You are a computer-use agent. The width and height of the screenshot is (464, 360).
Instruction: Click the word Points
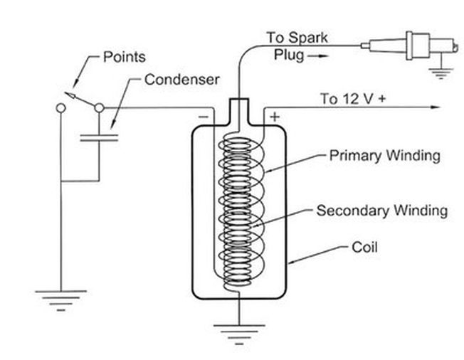coord(125,57)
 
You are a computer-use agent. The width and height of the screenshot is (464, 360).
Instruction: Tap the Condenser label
coord(182,80)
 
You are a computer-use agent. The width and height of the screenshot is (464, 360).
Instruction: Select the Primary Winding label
coord(385,156)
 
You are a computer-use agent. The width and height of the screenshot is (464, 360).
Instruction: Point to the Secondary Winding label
coord(382,211)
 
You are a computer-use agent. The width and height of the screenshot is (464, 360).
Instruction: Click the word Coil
coord(364,247)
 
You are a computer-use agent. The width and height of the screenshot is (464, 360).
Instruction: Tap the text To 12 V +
coord(353,98)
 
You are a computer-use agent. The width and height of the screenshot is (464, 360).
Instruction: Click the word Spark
coord(308,38)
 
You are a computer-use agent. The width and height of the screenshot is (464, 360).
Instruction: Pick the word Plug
coord(289,55)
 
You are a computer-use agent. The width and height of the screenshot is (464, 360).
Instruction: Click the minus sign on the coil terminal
coord(204,117)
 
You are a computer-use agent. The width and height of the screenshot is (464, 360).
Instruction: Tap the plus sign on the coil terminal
coord(275,117)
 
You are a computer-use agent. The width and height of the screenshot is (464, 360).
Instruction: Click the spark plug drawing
coord(409,46)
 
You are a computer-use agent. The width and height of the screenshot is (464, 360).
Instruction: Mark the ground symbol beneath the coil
coord(239,334)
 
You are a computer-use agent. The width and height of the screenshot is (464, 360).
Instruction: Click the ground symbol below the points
coord(61,300)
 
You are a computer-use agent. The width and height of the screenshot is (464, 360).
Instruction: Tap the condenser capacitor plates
coord(99,138)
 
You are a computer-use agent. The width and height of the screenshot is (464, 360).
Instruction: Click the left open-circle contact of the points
coord(61,108)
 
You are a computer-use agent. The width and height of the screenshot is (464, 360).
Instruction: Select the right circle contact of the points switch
coord(99,108)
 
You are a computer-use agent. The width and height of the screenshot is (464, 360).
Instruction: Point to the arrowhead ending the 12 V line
coord(436,107)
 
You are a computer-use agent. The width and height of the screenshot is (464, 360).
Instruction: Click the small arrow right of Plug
coord(317,56)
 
